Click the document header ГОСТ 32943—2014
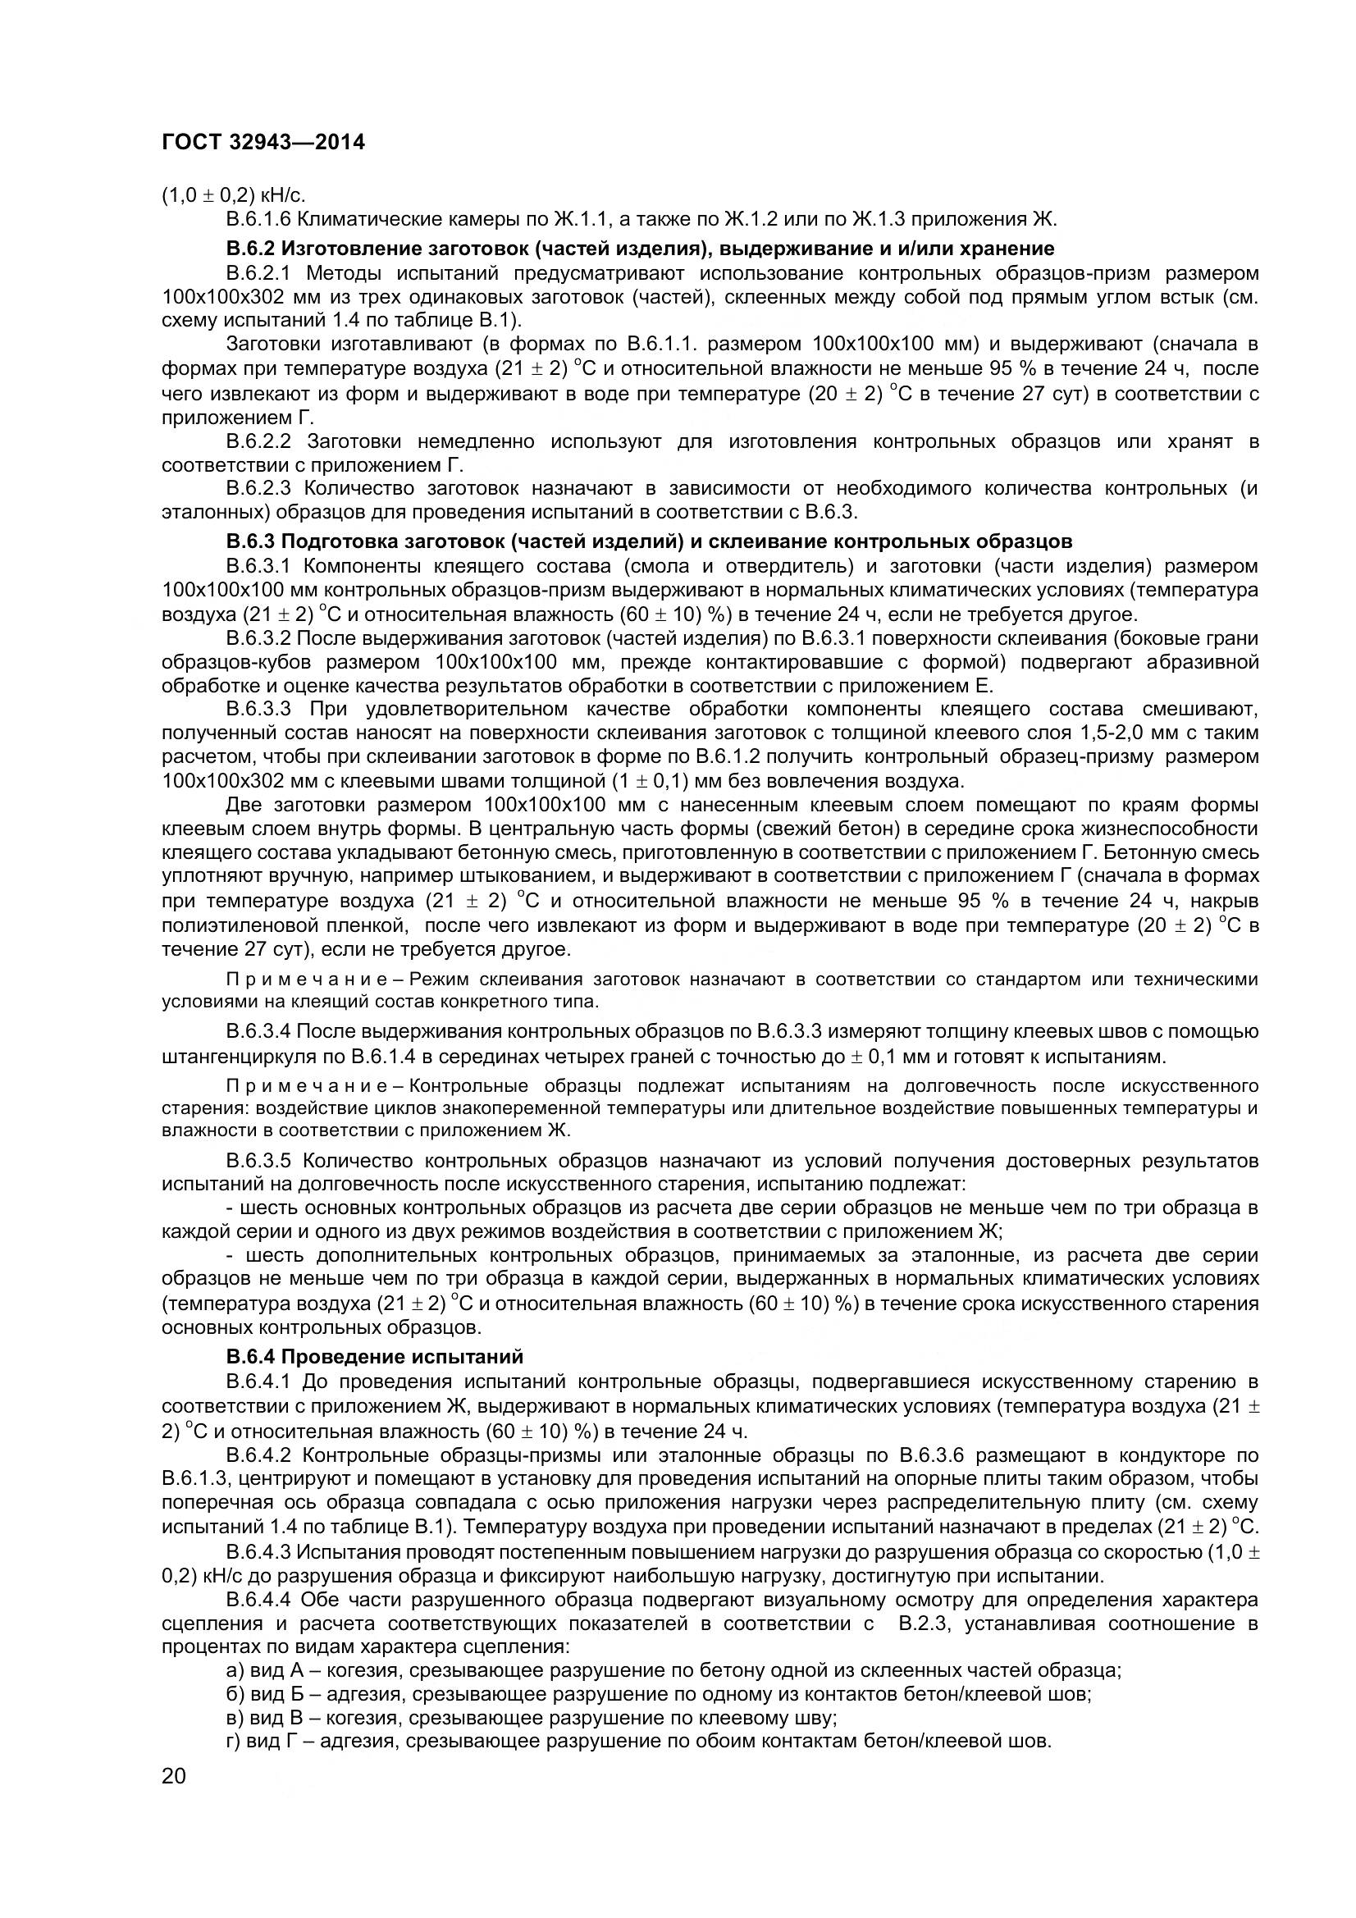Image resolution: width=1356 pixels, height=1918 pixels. (x=263, y=143)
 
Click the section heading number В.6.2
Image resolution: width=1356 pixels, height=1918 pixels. (x=251, y=248)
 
